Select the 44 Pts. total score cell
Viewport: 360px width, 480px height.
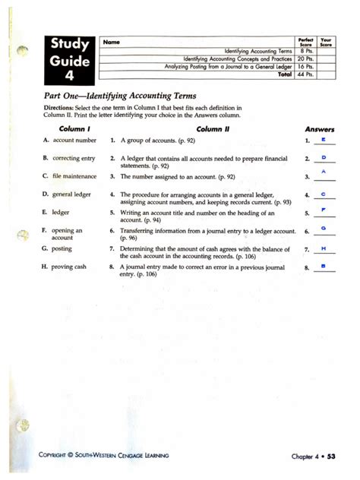point(306,75)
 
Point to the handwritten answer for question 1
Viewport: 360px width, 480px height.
point(324,140)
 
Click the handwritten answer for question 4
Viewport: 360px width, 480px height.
point(324,194)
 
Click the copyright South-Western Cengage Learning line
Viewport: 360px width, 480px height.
point(106,456)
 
